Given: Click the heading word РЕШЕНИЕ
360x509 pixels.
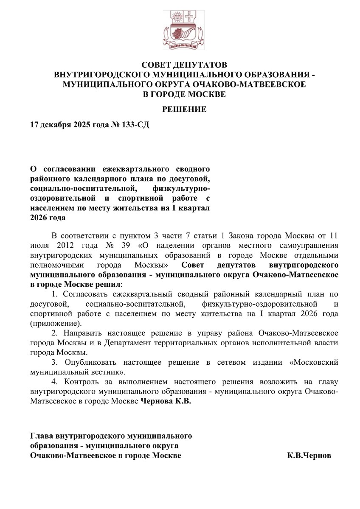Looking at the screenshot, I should [x=184, y=109].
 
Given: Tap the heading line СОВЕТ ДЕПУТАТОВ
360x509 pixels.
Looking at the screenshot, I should [x=184, y=65].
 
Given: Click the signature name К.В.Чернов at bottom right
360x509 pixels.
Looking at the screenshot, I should [x=309, y=456].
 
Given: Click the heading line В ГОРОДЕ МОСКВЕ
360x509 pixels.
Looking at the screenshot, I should [x=184, y=94].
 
